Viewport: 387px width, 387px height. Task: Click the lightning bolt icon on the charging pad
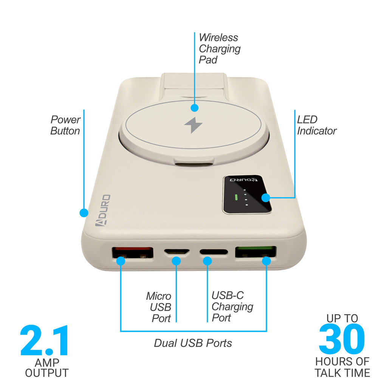193,125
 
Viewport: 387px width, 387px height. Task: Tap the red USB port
133,253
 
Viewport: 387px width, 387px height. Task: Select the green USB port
255,252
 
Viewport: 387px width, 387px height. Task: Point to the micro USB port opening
177,252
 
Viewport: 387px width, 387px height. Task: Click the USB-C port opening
214,252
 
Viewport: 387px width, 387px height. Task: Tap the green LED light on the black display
236,197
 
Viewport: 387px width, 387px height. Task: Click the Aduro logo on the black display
244,180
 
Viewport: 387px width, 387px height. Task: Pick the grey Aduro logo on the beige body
103,210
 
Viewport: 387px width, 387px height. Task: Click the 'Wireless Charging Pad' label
220,49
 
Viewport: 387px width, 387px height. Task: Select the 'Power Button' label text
65,125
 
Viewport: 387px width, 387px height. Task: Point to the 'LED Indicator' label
317,125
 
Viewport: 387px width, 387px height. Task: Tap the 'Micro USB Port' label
159,307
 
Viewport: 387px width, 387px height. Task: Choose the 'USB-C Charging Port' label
232,306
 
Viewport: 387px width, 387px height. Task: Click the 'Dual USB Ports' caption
193,343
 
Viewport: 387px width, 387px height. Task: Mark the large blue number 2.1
44,341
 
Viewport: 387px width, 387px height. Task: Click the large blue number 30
342,339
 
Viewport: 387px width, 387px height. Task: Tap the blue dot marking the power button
84,213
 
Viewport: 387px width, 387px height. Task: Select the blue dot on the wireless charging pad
195,108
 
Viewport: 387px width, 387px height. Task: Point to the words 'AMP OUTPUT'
47,368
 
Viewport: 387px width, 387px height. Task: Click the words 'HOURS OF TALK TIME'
342,367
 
